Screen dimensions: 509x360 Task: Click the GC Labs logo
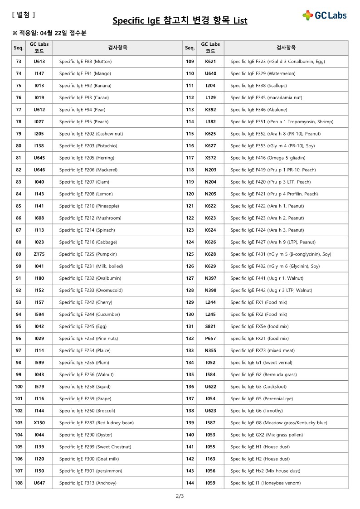click(x=325, y=15)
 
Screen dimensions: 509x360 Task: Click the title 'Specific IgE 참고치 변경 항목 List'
click(x=180, y=21)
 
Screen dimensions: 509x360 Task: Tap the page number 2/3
click(x=180, y=496)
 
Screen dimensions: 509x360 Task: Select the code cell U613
click(x=39, y=61)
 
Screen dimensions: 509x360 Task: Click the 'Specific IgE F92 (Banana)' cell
click(x=85, y=86)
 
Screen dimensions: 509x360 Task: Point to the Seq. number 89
click(x=19, y=254)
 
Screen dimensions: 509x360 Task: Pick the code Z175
click(x=39, y=254)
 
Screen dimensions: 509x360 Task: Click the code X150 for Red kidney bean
click(x=39, y=423)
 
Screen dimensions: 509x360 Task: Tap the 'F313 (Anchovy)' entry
click(x=88, y=483)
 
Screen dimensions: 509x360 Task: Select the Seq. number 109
click(x=190, y=61)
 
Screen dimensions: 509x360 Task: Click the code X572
click(x=210, y=158)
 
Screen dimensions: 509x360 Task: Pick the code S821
click(x=210, y=326)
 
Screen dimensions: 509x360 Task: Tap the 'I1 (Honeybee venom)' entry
click(x=265, y=483)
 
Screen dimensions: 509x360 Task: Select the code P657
click(x=210, y=339)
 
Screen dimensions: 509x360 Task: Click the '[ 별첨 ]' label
click(x=23, y=15)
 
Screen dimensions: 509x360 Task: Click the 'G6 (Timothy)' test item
click(x=256, y=411)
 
